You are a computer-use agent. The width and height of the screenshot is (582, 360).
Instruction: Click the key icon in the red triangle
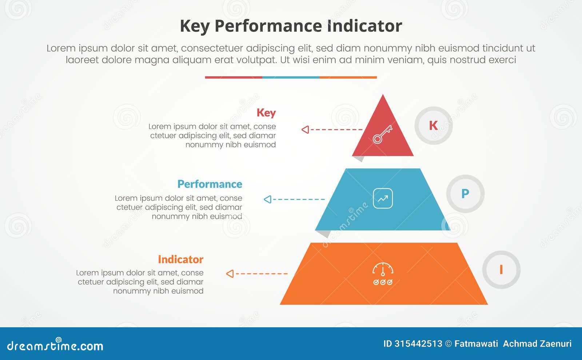(382, 135)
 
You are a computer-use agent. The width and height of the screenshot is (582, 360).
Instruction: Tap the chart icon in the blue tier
(383, 199)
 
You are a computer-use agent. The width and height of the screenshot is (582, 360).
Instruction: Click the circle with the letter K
(433, 125)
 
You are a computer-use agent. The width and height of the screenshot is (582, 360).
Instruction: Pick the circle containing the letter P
(465, 194)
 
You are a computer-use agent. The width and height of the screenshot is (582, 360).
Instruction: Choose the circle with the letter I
(501, 269)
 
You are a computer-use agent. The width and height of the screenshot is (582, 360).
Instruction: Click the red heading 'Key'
(266, 113)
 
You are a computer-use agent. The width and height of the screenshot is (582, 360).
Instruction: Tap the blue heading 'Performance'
(210, 184)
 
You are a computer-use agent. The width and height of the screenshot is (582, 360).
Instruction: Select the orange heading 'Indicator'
(180, 259)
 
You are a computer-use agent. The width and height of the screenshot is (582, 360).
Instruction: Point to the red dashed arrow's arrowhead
(305, 129)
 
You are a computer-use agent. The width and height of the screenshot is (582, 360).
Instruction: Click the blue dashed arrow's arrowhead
(267, 199)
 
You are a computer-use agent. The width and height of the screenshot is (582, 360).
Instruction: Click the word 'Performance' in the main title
(268, 26)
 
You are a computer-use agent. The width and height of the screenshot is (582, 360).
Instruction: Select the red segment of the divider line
(234, 77)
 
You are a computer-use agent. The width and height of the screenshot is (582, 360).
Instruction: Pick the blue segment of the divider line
(291, 77)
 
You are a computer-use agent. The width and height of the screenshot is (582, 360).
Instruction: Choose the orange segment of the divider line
(348, 77)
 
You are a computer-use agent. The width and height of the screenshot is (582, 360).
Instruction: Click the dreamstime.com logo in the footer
(55, 345)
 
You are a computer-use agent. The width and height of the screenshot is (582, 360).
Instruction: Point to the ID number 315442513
(418, 344)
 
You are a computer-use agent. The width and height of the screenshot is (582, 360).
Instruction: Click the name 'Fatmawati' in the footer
(476, 344)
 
